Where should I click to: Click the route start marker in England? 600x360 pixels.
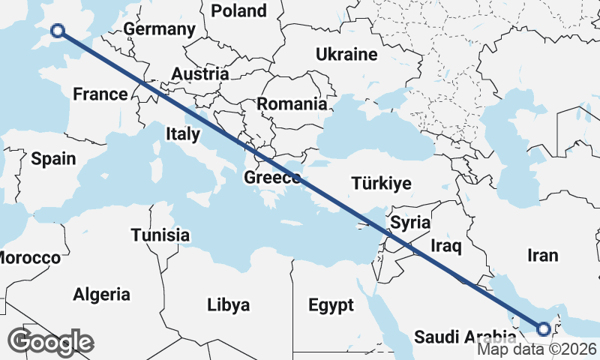click(x=58, y=31)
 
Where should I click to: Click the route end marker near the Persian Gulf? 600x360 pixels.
click(x=544, y=328)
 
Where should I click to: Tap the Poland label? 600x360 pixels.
click(x=239, y=10)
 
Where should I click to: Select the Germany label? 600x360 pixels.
click(x=159, y=29)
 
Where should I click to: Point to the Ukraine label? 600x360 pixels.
click(x=346, y=55)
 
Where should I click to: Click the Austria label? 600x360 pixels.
click(x=199, y=74)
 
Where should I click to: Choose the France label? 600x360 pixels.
click(x=100, y=94)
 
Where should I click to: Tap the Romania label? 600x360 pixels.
click(x=292, y=104)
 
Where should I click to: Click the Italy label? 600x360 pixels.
click(x=182, y=134)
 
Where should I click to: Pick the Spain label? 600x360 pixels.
click(x=53, y=158)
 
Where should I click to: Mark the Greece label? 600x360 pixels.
click(x=272, y=178)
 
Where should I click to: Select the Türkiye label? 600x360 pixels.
click(x=382, y=184)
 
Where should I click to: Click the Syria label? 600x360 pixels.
click(x=410, y=222)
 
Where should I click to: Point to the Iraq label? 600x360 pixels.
click(x=446, y=245)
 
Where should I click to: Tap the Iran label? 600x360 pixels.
click(x=542, y=255)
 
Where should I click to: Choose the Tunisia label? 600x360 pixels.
click(x=160, y=235)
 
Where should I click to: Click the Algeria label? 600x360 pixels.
click(x=101, y=295)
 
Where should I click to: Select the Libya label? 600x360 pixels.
click(x=229, y=305)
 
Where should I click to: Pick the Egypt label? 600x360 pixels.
click(x=331, y=305)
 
